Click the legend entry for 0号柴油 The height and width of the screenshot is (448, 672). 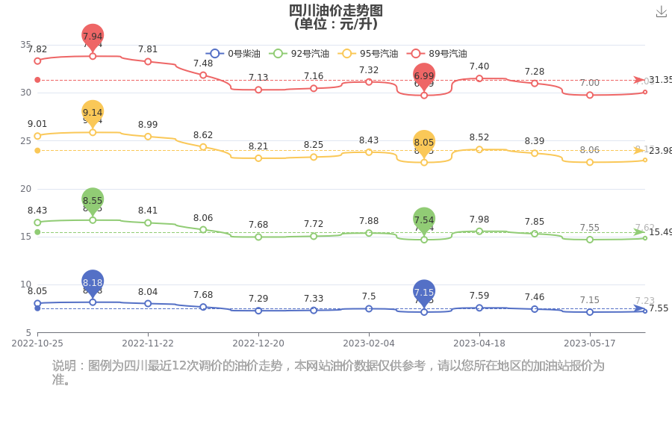(233, 54)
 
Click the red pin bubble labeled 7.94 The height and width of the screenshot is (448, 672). (93, 36)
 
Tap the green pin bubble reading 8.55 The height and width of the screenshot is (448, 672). (93, 200)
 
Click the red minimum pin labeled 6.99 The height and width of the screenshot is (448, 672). (424, 75)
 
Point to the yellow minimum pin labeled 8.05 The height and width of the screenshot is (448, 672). (424, 142)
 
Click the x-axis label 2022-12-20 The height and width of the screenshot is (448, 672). (258, 343)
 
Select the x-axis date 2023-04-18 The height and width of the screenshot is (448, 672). (479, 343)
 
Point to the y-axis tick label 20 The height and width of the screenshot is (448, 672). (25, 189)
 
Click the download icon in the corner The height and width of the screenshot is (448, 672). (661, 11)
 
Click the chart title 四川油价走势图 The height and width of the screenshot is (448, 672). (336, 10)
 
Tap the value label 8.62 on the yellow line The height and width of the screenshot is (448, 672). (203, 135)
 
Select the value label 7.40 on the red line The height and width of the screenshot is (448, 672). (479, 67)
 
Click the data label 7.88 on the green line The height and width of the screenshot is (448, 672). (369, 222)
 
